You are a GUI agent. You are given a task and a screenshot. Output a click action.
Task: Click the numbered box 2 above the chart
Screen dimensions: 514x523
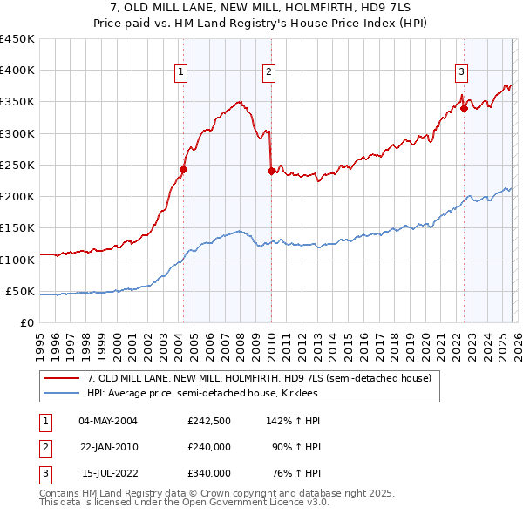(x=269, y=72)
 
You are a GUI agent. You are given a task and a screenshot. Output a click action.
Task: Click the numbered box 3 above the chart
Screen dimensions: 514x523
(x=461, y=72)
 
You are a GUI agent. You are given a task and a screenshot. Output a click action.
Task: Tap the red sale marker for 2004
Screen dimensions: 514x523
(x=183, y=169)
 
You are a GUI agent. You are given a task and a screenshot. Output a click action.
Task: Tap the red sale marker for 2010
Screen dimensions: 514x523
(x=271, y=171)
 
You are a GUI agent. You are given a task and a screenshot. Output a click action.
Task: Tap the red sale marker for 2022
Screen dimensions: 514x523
(x=464, y=108)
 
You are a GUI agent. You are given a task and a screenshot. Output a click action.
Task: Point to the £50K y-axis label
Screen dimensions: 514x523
(x=21, y=291)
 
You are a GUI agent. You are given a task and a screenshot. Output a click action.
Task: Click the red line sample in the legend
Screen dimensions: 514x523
(x=62, y=379)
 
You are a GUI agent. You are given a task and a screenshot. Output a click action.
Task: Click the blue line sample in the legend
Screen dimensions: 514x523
(x=62, y=393)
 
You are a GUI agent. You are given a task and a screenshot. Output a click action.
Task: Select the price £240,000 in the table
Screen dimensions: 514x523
(x=209, y=447)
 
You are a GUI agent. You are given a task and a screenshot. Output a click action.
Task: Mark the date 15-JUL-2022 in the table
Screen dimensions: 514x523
(x=109, y=473)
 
